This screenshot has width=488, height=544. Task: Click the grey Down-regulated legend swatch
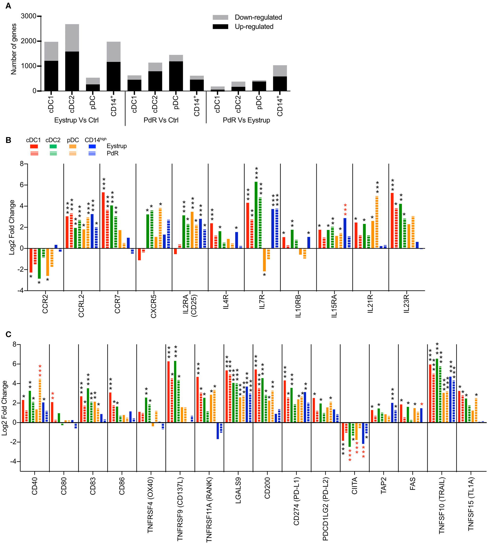(220, 18)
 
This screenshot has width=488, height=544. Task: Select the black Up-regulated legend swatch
(220, 26)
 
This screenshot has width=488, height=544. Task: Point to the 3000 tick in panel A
(28, 16)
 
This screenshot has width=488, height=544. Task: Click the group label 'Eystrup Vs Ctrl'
(76, 120)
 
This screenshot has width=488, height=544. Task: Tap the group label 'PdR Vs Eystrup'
(246, 120)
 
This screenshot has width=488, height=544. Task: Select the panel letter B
(8, 140)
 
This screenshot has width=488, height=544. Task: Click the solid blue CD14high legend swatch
(92, 146)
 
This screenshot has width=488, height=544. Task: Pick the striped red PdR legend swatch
(34, 153)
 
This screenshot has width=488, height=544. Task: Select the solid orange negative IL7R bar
(264, 260)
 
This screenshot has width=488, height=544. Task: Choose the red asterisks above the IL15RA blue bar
(345, 210)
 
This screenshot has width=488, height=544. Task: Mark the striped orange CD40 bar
(40, 401)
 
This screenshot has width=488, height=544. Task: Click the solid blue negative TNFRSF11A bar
(218, 430)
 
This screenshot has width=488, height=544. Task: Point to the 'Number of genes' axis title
(13, 49)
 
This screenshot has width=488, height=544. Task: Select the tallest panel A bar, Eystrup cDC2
(72, 58)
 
